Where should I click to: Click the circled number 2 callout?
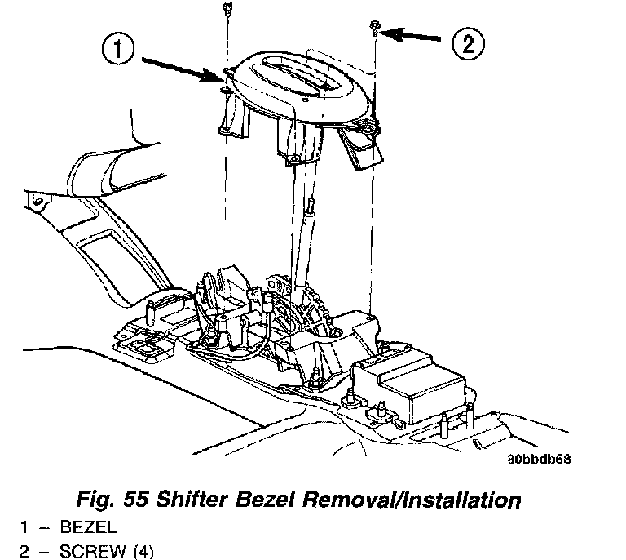pyautogui.click(x=467, y=42)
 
